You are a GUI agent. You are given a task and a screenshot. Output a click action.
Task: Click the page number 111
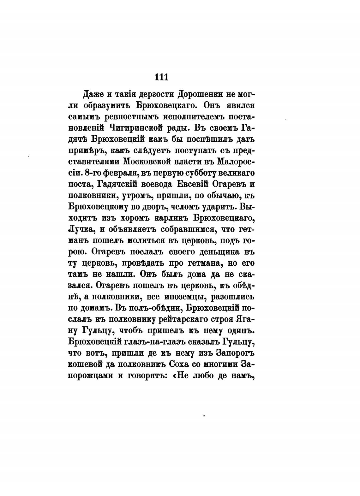click(x=162, y=77)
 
